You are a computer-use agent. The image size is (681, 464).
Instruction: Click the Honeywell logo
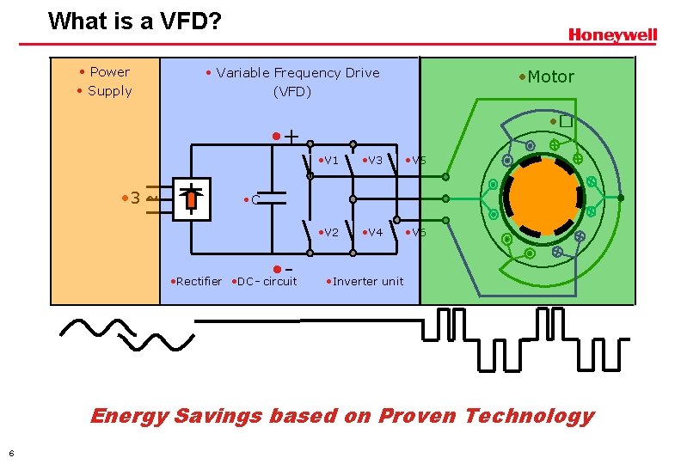(612, 35)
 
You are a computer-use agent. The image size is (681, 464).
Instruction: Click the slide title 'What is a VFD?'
(135, 21)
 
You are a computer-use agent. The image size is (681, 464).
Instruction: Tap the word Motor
(550, 76)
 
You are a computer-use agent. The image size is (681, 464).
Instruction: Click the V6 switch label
(417, 232)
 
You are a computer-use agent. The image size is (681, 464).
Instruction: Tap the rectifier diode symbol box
(190, 198)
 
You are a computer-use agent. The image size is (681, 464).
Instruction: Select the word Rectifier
(199, 281)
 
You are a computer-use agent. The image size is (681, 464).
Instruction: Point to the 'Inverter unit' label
(367, 281)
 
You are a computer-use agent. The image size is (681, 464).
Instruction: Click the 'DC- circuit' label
(267, 281)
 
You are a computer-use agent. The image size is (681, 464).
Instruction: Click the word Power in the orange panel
(109, 72)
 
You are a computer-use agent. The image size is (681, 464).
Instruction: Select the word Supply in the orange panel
(110, 91)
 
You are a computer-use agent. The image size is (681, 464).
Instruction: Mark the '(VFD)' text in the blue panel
(292, 91)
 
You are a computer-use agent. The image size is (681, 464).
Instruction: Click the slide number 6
(11, 453)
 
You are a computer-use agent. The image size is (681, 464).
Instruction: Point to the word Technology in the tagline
(529, 416)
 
